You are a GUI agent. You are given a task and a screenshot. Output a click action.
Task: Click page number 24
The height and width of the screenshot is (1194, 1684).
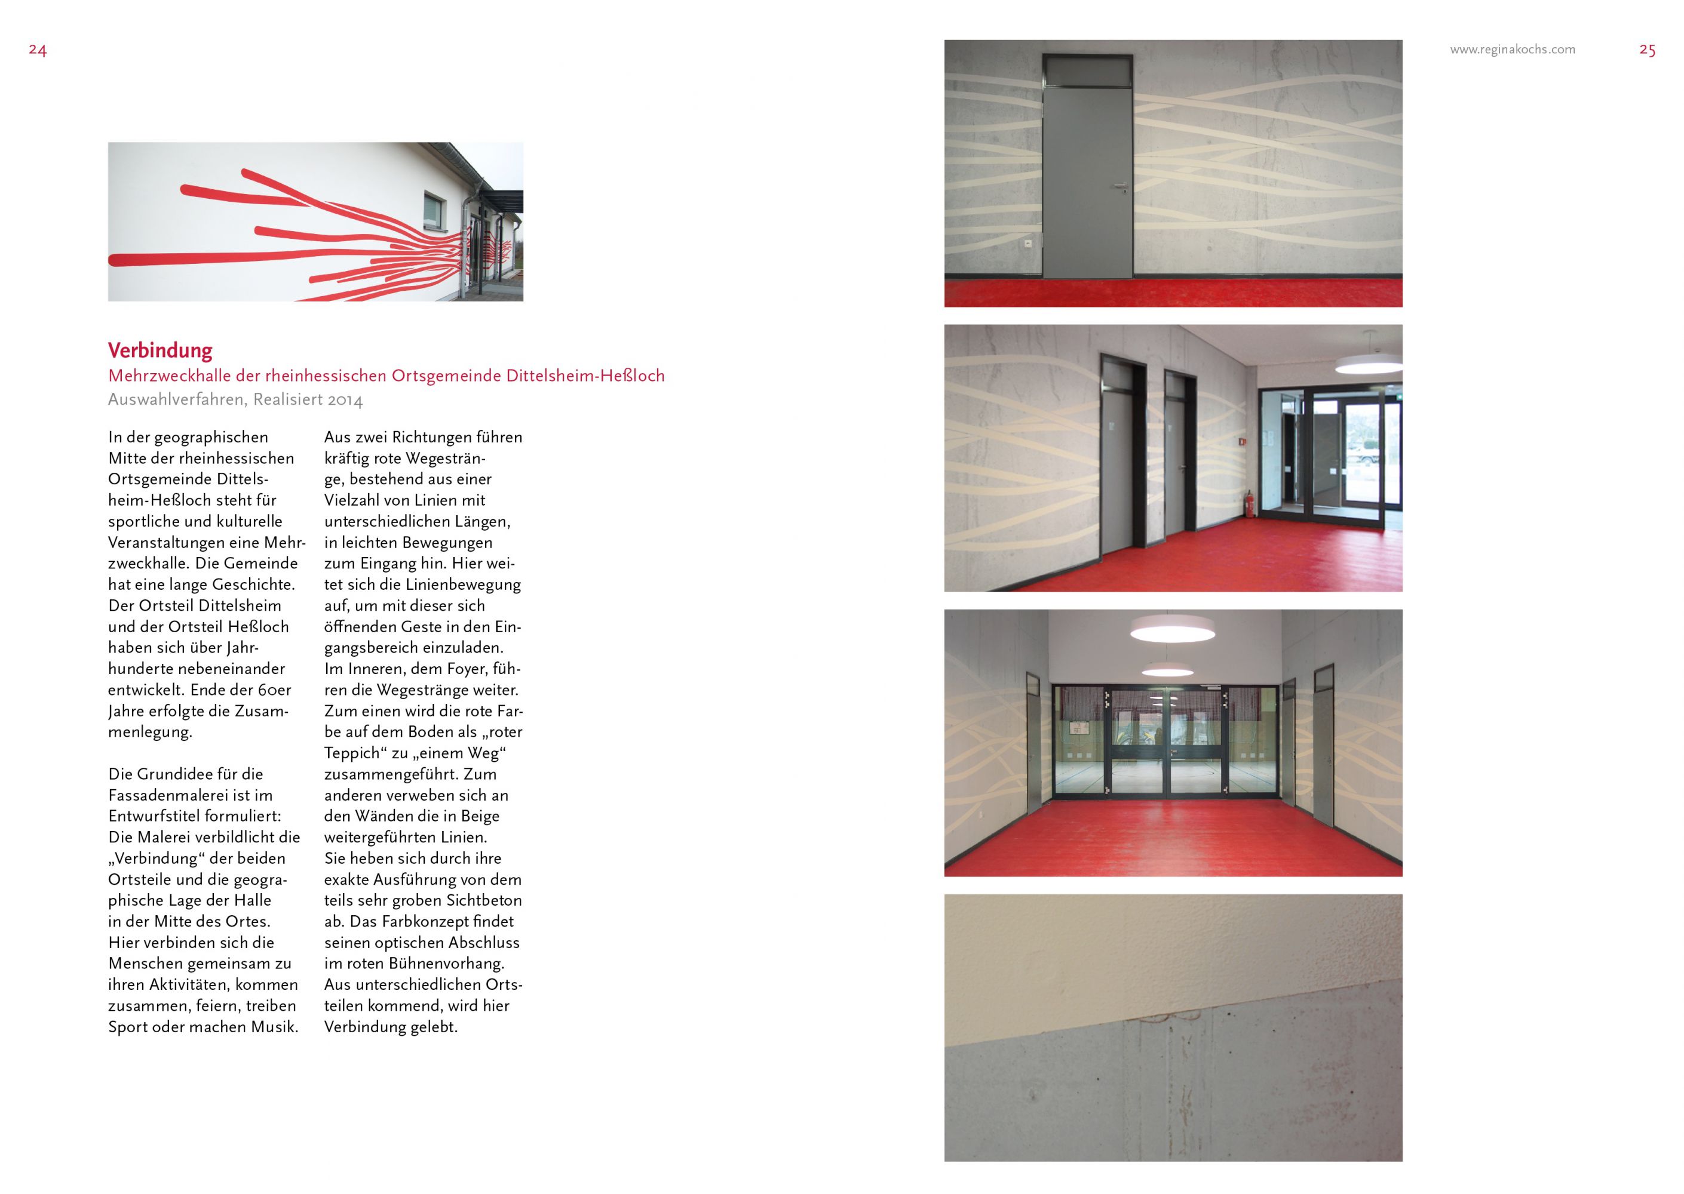coord(38,50)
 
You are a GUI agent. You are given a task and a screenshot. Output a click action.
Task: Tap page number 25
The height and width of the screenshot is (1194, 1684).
coord(1647,50)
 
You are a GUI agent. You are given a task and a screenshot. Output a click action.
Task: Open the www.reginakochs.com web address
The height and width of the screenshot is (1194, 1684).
coord(1512,50)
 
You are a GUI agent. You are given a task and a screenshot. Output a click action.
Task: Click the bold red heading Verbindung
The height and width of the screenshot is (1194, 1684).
coord(160,350)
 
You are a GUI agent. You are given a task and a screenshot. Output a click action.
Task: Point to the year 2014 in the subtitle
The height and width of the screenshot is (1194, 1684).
coord(345,400)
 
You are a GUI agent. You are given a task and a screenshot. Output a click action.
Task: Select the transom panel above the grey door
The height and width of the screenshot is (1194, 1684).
coord(1087,70)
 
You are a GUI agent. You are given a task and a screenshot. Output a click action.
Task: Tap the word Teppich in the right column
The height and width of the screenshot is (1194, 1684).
coord(355,753)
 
